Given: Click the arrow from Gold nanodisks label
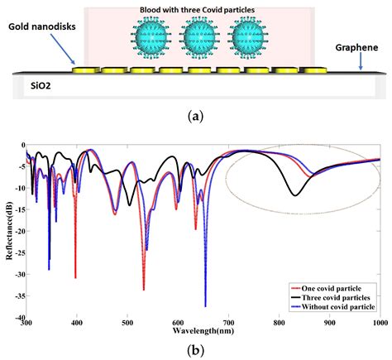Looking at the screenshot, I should (x=67, y=51).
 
